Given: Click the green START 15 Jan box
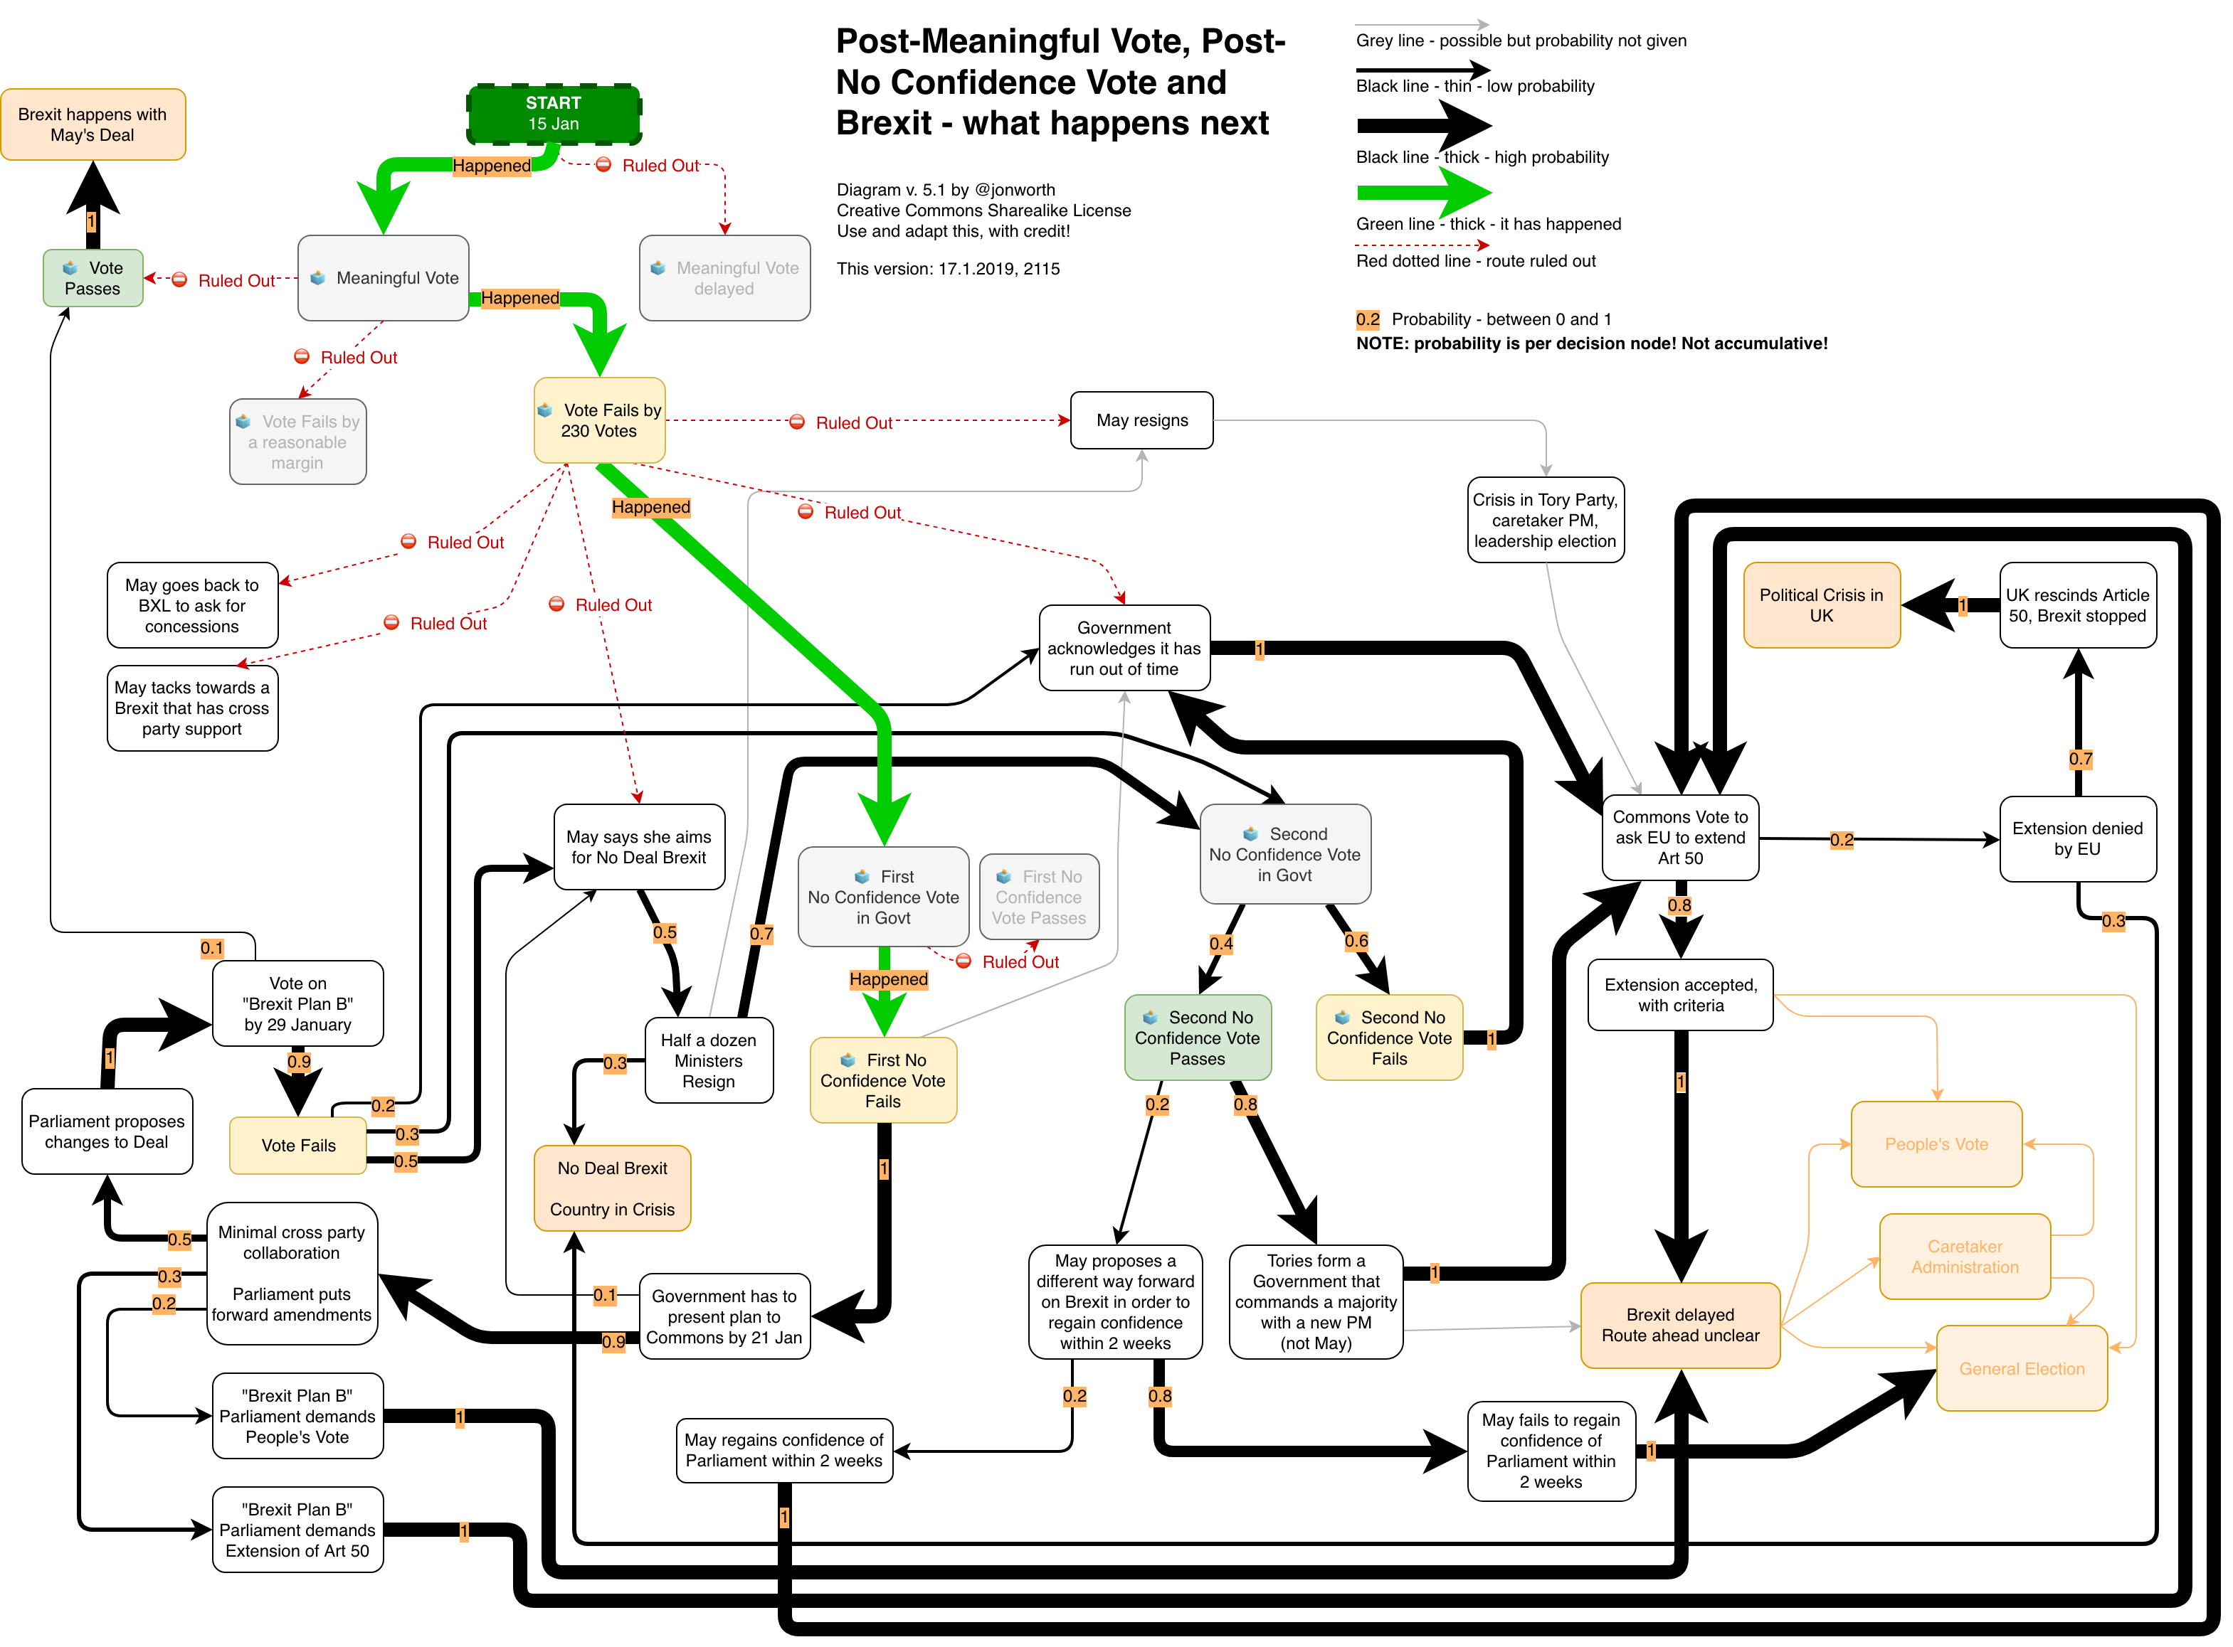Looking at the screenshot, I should [x=554, y=114].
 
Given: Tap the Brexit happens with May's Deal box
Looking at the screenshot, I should [x=93, y=124].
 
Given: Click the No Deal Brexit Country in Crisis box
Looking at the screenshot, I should [x=613, y=1188].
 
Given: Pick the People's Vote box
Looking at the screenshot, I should [x=1936, y=1144].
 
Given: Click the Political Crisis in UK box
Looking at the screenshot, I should [x=1821, y=605].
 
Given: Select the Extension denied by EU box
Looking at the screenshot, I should [x=2076, y=838].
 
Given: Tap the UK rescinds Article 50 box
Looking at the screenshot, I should [x=2076, y=605].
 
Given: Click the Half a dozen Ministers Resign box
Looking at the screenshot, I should [x=708, y=1061].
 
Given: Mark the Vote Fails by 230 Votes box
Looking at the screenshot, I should [x=599, y=421].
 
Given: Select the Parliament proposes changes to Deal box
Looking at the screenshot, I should [x=107, y=1131].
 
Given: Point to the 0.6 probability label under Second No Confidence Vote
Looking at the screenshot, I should [x=1356, y=941].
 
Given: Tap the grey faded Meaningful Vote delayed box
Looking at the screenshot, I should [x=724, y=278].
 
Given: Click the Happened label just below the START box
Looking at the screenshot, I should [x=492, y=166].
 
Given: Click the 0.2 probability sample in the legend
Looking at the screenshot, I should [x=1367, y=320].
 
